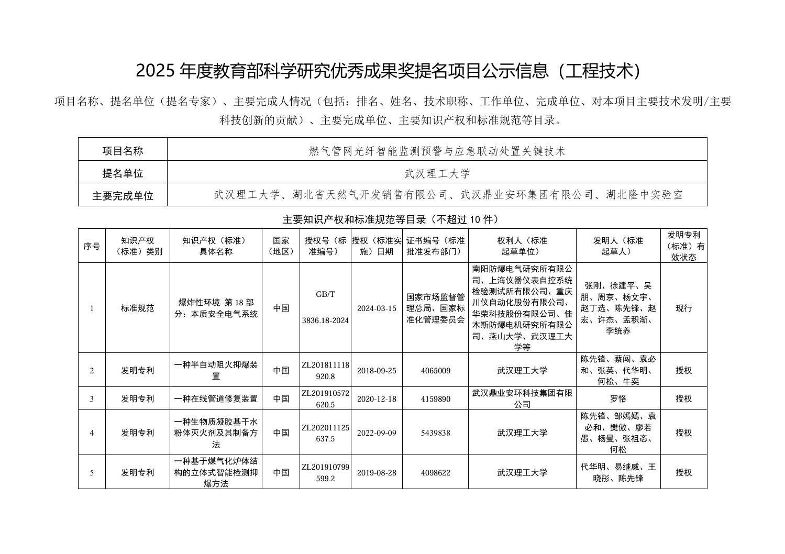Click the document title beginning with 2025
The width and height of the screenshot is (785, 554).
[388, 71]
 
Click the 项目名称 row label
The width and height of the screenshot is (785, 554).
[123, 151]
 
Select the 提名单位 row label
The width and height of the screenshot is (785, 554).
[123, 173]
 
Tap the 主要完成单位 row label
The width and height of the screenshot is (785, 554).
[123, 196]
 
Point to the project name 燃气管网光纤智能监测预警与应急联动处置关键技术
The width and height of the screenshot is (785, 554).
[437, 151]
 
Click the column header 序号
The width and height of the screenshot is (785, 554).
[92, 246]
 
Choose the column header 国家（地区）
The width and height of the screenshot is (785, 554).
[281, 246]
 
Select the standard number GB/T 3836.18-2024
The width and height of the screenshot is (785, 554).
[325, 307]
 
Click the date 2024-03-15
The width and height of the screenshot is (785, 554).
[377, 308]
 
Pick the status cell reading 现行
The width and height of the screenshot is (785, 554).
[683, 308]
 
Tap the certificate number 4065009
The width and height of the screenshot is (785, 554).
[435, 371]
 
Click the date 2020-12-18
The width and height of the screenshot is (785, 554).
[377, 399]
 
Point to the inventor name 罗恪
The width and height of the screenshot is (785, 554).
[618, 399]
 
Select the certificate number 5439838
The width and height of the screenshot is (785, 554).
[435, 433]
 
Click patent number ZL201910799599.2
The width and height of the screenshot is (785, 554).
[325, 472]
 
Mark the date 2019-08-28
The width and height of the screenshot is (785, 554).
[377, 472]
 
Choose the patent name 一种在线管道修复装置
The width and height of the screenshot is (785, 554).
[216, 399]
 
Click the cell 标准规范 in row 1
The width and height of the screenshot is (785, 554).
[138, 308]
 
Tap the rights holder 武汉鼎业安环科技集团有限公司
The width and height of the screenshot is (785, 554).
[522, 398]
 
